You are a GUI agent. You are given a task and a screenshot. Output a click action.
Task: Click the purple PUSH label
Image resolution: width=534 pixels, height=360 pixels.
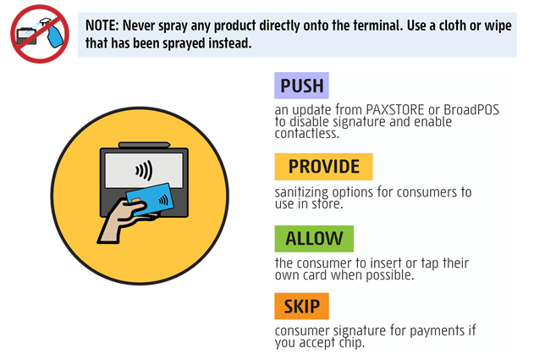[301, 86]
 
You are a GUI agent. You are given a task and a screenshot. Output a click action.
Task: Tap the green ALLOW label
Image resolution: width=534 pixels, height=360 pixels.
[313, 239]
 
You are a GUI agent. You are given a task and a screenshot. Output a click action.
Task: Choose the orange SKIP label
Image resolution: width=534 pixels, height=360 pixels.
[301, 306]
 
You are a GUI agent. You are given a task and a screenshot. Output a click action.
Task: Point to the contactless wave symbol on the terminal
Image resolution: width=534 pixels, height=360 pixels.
[144, 170]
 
